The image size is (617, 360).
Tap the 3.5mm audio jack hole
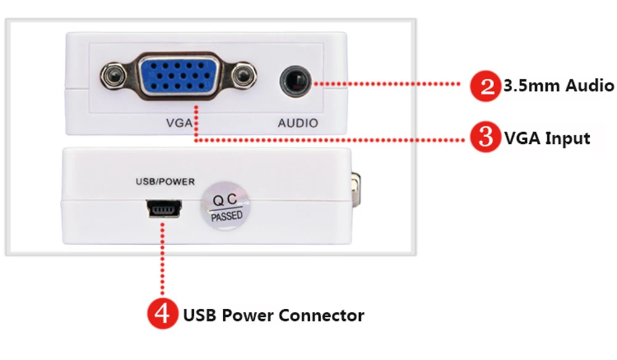click(x=296, y=82)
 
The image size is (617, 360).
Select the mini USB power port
click(x=164, y=209)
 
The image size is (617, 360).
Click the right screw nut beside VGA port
click(x=242, y=75)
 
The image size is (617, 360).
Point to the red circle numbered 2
click(x=486, y=86)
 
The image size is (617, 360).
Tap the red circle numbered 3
click(x=486, y=136)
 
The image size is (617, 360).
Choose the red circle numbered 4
click(x=163, y=314)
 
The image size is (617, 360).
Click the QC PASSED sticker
click(x=225, y=206)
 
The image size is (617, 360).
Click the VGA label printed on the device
click(x=180, y=123)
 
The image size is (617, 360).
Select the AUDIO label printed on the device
click(x=298, y=123)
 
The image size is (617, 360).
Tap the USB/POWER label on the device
click(x=165, y=182)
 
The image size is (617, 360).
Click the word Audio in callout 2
click(x=589, y=85)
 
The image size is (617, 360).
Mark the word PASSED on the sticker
click(x=226, y=216)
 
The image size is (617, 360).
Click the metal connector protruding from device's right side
click(x=356, y=189)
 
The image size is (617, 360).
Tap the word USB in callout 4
click(x=200, y=315)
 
